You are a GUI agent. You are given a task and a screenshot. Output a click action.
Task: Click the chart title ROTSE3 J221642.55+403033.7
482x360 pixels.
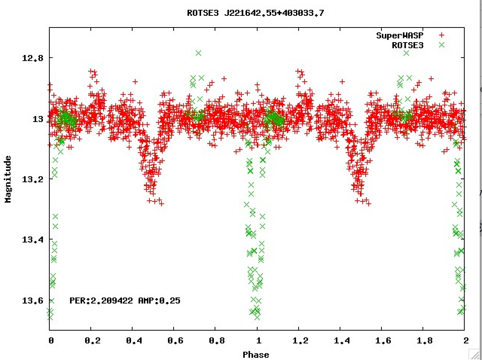pos(255,13)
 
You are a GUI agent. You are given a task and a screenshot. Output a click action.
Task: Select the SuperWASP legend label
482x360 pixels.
pos(400,35)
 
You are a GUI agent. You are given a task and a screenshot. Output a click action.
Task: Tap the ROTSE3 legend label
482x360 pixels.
pos(407,46)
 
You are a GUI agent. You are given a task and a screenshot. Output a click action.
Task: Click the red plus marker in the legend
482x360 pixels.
pos(442,35)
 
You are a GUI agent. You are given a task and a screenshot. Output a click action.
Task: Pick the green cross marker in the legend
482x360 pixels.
pos(442,45)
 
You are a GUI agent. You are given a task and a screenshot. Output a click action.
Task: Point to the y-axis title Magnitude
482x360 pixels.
pos(8,179)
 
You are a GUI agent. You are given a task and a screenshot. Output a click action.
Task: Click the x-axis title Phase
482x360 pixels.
pos(256,354)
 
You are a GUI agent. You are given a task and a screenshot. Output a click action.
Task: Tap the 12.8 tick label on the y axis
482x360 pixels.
pos(32,58)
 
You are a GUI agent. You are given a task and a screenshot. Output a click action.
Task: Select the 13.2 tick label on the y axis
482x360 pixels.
pos(32,179)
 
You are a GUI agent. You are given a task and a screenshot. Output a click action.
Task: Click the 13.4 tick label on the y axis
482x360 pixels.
pos(32,240)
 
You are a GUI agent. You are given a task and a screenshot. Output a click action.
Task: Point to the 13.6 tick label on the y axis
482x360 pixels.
pos(32,301)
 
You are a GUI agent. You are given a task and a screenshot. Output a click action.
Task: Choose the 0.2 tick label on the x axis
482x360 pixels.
pos(93,341)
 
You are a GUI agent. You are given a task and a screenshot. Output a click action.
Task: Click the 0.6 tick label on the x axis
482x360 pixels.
pos(175,341)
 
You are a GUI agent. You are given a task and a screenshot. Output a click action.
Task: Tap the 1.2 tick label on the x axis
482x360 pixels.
pos(300,341)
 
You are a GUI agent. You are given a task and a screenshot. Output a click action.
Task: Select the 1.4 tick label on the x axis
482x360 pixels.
pos(342,341)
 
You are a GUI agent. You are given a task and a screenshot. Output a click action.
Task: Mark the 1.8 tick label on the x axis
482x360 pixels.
pos(425,341)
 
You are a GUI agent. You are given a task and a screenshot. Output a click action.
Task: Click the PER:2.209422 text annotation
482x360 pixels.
pos(101,301)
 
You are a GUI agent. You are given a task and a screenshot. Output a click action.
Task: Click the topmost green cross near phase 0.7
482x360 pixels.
pos(198,53)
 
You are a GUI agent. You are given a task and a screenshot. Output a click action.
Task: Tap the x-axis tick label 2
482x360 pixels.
pos(466,341)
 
